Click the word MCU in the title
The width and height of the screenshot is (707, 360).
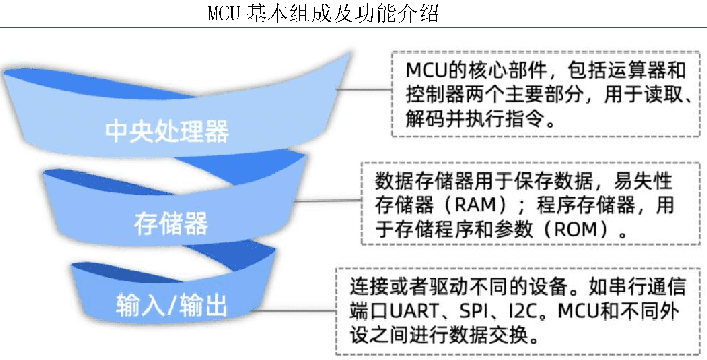224,14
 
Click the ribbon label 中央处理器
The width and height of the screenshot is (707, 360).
167,131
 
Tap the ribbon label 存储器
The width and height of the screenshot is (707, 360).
171,223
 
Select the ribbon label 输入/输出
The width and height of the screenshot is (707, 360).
171,305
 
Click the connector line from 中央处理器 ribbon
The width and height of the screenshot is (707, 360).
364,90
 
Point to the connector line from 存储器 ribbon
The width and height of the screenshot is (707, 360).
328,201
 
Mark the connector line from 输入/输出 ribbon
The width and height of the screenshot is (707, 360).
294,311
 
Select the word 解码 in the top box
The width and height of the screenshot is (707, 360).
425,118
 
